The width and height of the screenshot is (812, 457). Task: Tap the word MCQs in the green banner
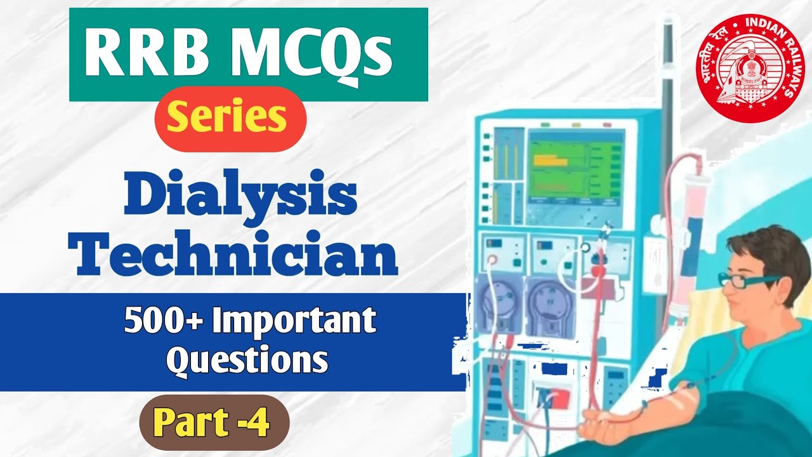[x=297, y=56]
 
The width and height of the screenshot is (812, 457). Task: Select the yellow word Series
[x=230, y=118]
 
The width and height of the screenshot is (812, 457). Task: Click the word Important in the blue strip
[x=294, y=322]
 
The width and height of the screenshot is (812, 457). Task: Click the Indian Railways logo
[x=749, y=67]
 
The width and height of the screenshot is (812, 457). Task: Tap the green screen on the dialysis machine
[x=576, y=166]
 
